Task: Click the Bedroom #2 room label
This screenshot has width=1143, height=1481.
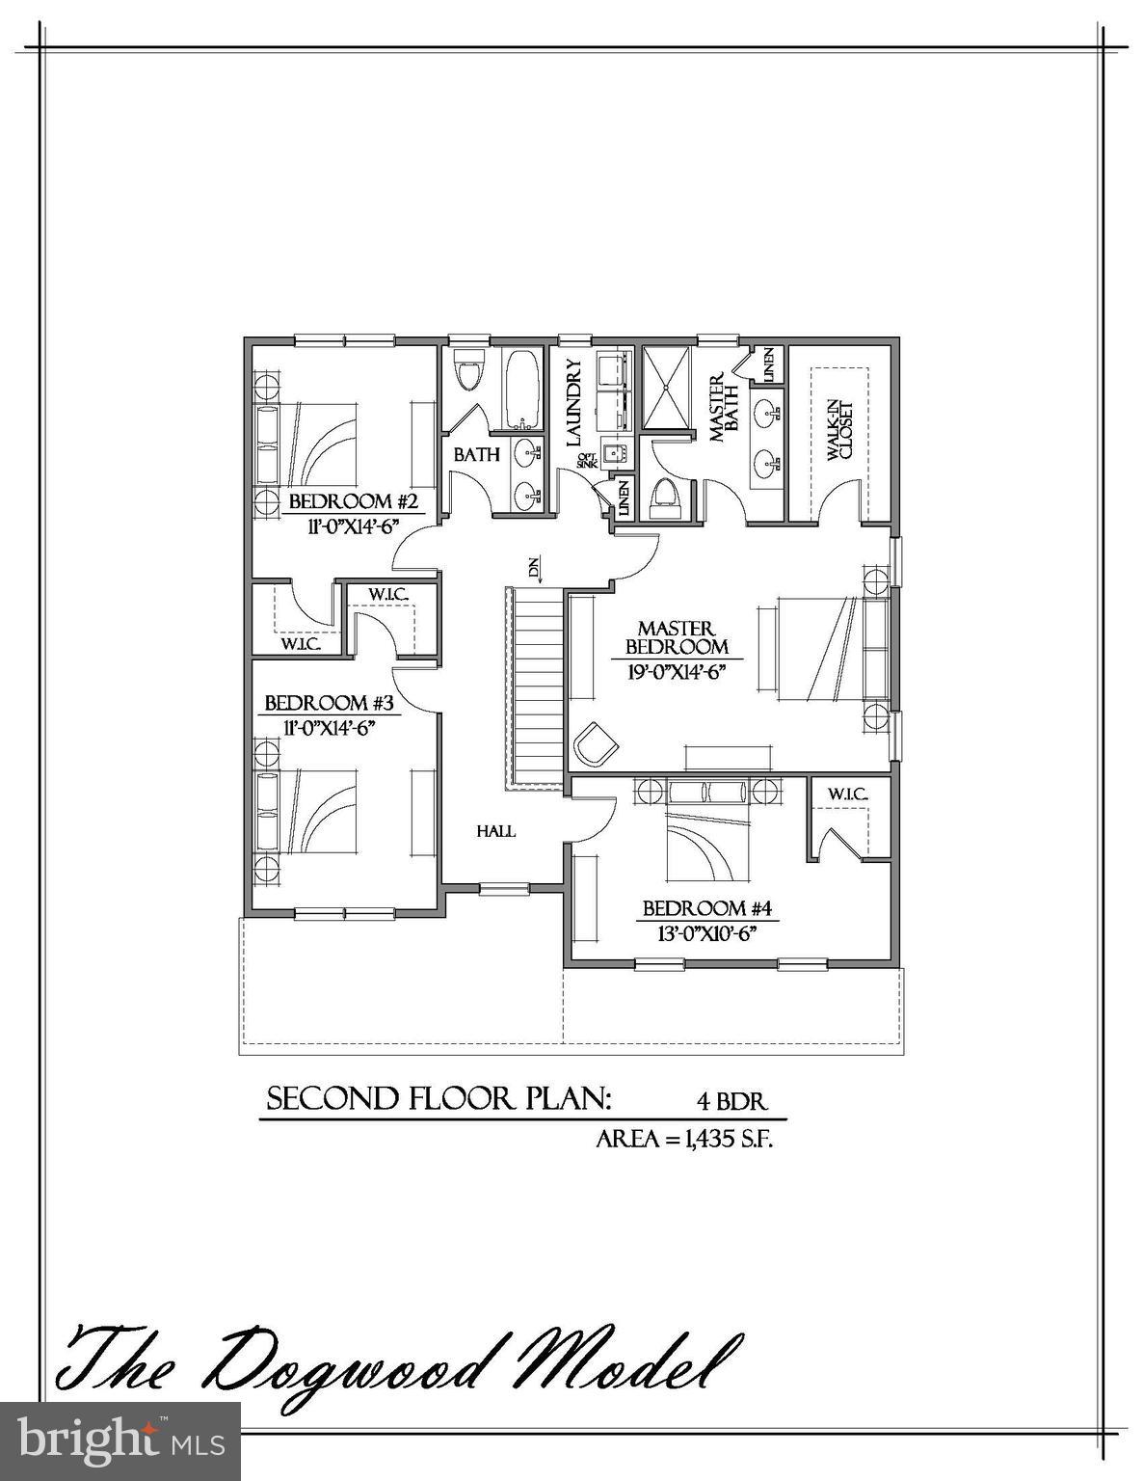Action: tap(352, 502)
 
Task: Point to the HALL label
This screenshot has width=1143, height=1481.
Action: tap(496, 831)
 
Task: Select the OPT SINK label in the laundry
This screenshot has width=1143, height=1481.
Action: tap(587, 462)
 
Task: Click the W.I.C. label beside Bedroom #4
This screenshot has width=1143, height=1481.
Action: tap(847, 794)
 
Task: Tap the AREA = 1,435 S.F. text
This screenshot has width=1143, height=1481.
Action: tap(685, 1139)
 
